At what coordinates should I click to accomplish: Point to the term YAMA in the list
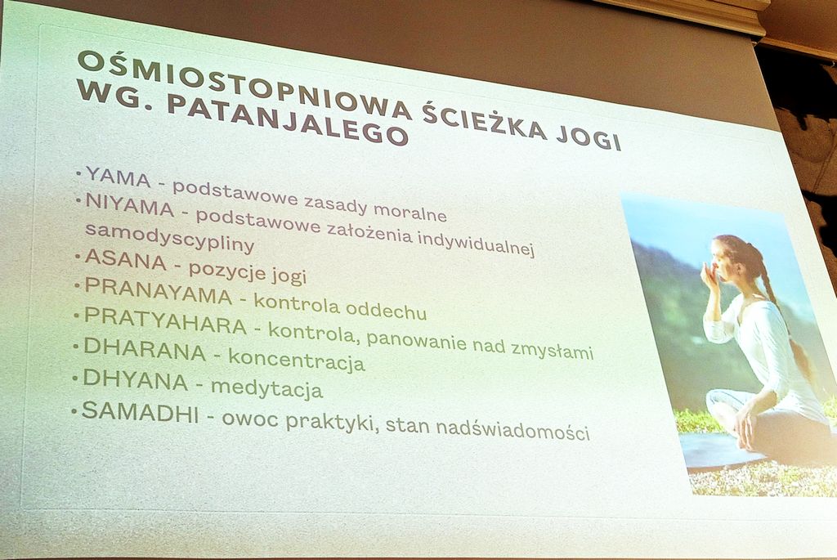click(118, 177)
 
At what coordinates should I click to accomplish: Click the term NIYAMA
click(130, 205)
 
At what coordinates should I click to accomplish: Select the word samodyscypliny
click(169, 237)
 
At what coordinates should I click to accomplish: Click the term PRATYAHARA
click(165, 320)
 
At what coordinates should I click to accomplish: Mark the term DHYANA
click(135, 379)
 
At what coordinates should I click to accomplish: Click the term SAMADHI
click(140, 411)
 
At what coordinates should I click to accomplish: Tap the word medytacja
click(267, 388)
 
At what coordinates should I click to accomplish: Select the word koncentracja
click(297, 360)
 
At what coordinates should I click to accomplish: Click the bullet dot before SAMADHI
click(75, 411)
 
